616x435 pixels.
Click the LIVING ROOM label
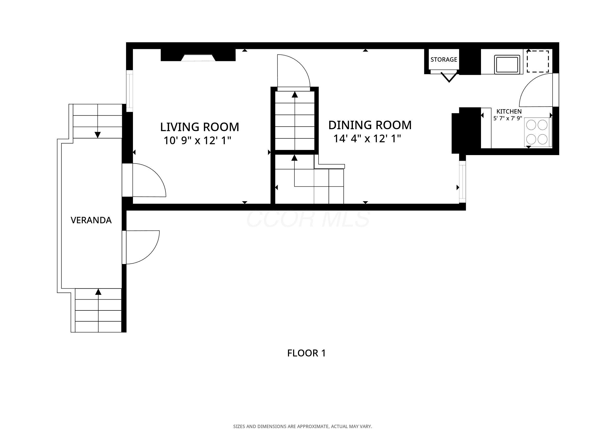(200, 127)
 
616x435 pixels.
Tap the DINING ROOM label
(370, 125)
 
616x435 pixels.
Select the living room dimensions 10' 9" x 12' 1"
(197, 140)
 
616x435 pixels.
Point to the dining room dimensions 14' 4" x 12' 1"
(367, 139)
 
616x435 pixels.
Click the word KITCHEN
(509, 112)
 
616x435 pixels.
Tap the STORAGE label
(444, 59)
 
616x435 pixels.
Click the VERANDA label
(91, 220)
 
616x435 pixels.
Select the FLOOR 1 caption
(306, 353)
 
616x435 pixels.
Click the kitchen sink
(507, 64)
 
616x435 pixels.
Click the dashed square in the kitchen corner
(538, 61)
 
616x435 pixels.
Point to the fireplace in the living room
(198, 55)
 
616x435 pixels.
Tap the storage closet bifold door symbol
(449, 77)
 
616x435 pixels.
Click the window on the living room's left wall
(130, 91)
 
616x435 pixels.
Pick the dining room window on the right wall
(463, 182)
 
